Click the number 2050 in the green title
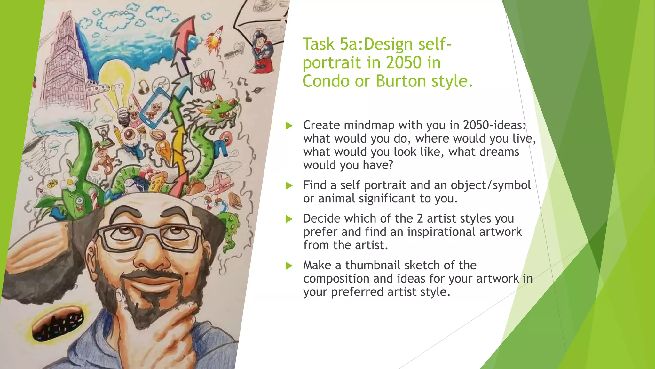coord(404,62)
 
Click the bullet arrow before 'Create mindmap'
coord(289,125)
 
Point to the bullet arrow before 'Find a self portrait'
coord(289,185)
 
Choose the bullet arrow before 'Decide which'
coord(289,219)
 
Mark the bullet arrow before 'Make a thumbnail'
coord(289,266)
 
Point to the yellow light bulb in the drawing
coord(116,80)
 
